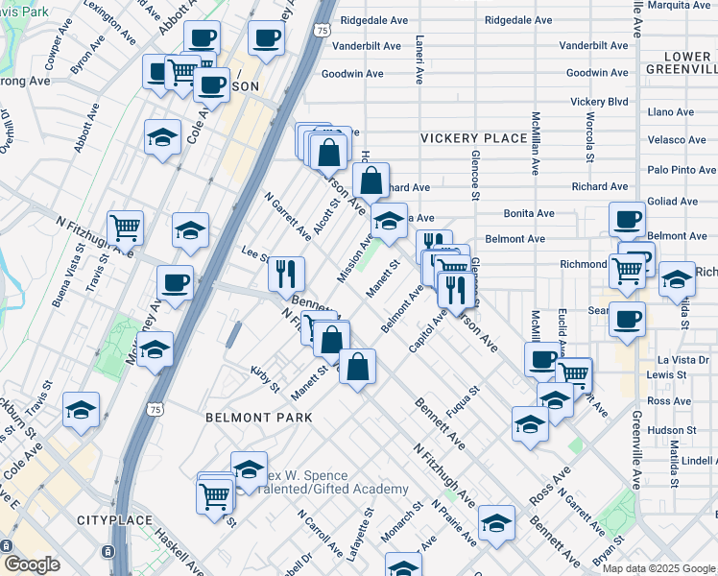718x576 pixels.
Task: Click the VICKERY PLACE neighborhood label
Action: [473, 138]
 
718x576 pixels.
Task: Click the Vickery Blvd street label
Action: [598, 101]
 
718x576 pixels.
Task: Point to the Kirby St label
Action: [264, 378]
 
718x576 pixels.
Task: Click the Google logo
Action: [31, 564]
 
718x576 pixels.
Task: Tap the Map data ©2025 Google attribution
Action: [658, 568]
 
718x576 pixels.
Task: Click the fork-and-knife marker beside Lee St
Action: [286, 274]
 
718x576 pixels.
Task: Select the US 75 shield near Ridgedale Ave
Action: [323, 31]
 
